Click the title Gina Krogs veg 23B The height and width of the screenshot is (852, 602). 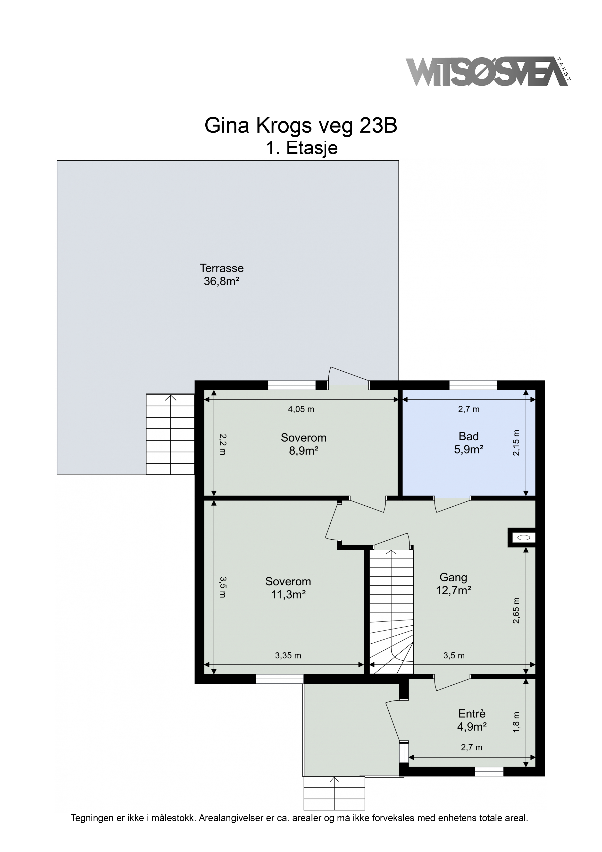pyautogui.click(x=301, y=126)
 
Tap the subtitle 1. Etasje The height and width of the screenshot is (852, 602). pyautogui.click(x=301, y=148)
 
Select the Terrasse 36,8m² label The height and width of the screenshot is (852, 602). pyautogui.click(x=221, y=274)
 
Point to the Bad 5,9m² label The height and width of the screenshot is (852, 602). pyautogui.click(x=468, y=443)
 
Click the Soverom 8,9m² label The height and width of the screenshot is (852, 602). pyautogui.click(x=303, y=444)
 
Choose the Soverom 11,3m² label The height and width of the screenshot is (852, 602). pyautogui.click(x=288, y=588)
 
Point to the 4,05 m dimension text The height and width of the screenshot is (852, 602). pyautogui.click(x=301, y=409)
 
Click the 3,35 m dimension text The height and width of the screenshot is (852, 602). pyautogui.click(x=288, y=656)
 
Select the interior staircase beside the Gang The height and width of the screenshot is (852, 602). pyautogui.click(x=391, y=611)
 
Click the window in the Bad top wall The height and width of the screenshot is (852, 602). pyautogui.click(x=473, y=385)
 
